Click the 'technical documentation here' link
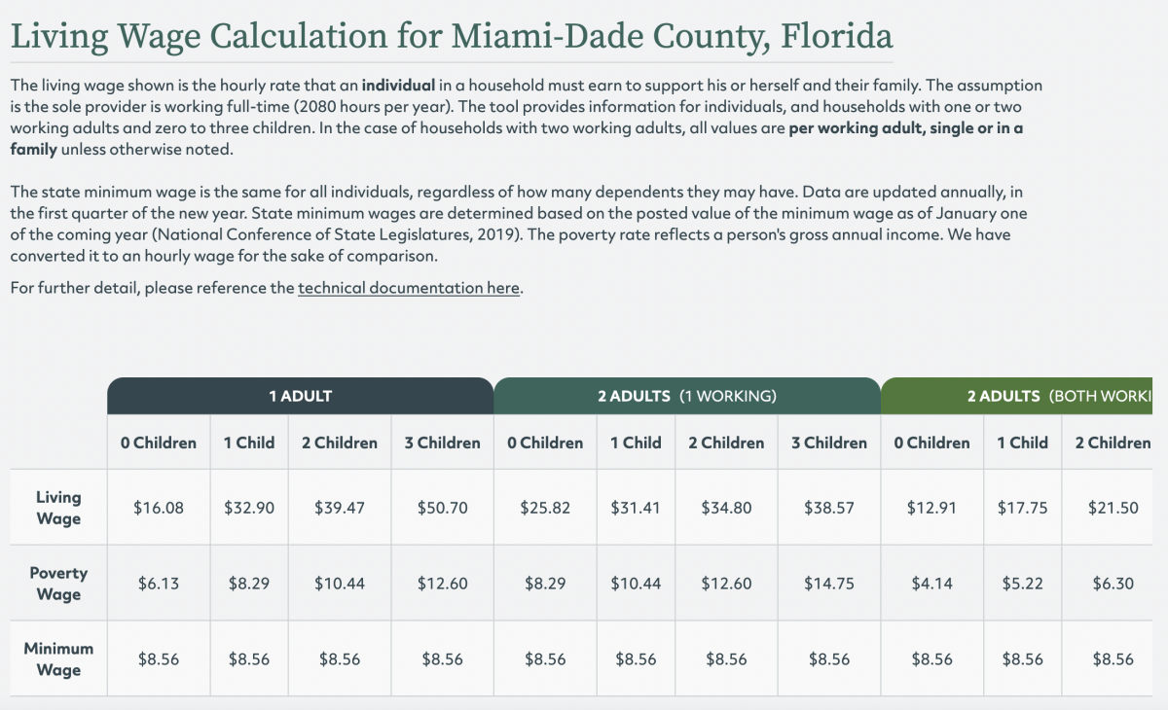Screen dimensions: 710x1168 tap(409, 288)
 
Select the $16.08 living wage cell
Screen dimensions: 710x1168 tap(158, 508)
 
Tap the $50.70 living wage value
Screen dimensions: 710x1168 tap(442, 508)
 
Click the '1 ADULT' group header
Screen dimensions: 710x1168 tap(300, 396)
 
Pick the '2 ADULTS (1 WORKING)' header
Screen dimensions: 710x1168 tap(686, 396)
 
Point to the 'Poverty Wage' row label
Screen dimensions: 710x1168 tap(58, 584)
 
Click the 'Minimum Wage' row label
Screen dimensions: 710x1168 tap(58, 658)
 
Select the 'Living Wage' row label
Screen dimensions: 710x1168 tap(58, 508)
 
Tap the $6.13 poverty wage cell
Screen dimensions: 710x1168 tap(158, 584)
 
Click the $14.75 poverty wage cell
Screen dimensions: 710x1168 tap(828, 584)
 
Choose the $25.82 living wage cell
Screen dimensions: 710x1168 tap(545, 508)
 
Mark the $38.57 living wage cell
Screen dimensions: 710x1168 tap(828, 508)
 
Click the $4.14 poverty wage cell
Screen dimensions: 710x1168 tap(931, 584)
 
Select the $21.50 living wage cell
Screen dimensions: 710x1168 tap(1113, 508)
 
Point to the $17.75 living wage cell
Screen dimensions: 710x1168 tap(1022, 508)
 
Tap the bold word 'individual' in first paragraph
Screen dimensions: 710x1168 tap(398, 86)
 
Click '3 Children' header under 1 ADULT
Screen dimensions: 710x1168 tap(442, 443)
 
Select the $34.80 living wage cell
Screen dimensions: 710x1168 tap(725, 508)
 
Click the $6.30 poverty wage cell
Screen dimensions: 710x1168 tap(1113, 584)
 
